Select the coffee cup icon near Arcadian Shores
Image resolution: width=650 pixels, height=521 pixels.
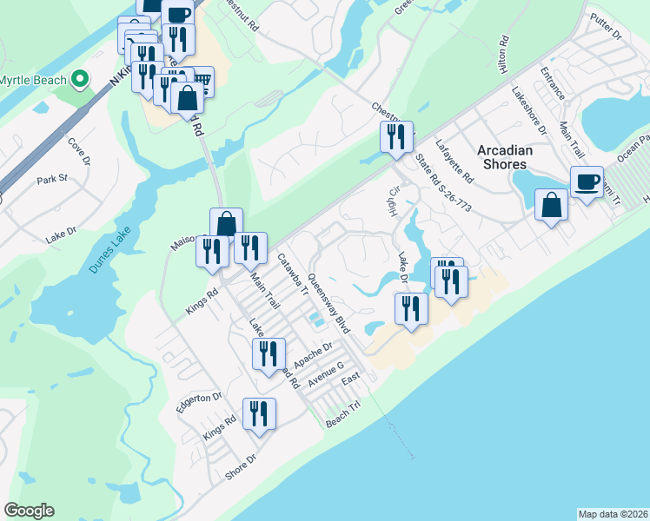(x=587, y=182)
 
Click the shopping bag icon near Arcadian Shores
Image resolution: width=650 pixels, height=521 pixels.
(x=551, y=206)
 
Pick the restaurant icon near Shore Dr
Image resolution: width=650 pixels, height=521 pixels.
(x=259, y=414)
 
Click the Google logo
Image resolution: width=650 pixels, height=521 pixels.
(x=29, y=511)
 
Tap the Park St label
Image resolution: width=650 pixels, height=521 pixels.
(x=52, y=180)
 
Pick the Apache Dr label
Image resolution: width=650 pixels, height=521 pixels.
(x=314, y=353)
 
